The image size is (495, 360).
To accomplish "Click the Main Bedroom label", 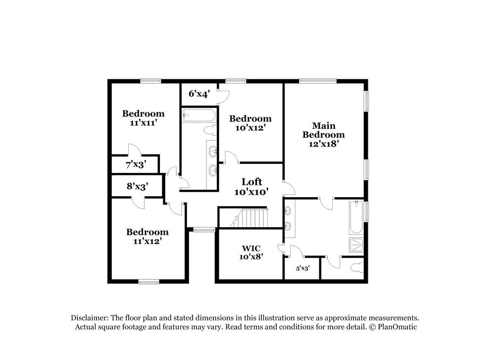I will click(324, 130).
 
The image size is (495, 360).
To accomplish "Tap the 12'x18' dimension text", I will click(324, 144).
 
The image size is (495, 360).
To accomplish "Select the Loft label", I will click(251, 181).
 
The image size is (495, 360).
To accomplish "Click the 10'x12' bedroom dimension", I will click(250, 128).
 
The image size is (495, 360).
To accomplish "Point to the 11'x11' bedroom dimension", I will click(144, 122).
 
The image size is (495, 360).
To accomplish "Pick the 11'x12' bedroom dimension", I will click(147, 241).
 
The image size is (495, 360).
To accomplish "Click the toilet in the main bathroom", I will click(355, 267).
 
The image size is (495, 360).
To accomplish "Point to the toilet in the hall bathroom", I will click(210, 130).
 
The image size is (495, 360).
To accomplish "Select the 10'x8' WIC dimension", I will click(251, 257).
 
